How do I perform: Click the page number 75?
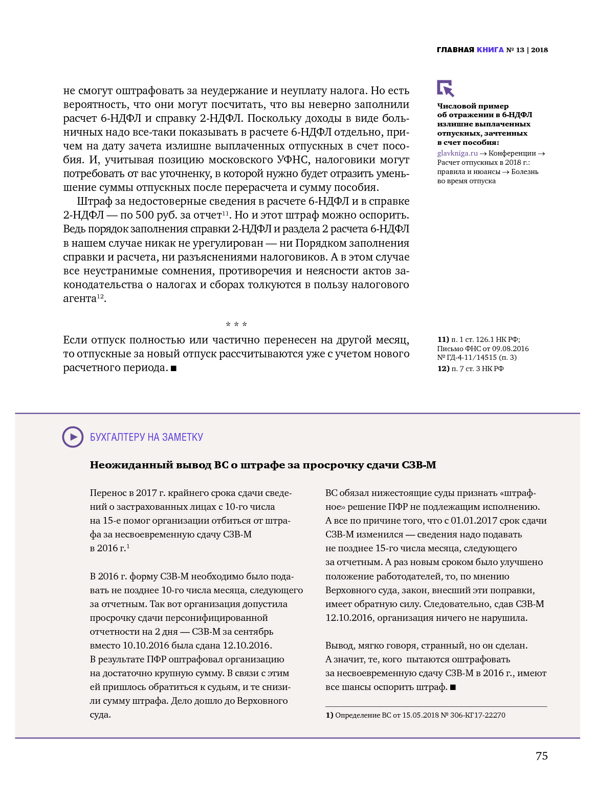541,756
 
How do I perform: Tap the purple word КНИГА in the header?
490,50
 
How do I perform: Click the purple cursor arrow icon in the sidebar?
445,88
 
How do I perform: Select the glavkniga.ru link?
457,153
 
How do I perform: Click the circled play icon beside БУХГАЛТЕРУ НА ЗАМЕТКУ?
73,437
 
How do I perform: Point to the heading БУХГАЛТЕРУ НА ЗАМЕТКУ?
146,437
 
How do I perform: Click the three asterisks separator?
236,325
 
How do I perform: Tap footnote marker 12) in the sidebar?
443,369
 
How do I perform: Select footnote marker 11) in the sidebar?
443,339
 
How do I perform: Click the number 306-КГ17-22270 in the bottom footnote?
477,715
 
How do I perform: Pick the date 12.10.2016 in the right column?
349,618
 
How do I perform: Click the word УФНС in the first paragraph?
293,160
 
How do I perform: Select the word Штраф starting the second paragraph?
95,201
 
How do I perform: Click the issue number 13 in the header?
520,50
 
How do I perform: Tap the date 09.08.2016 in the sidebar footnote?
511,349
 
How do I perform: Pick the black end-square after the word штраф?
453,687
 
